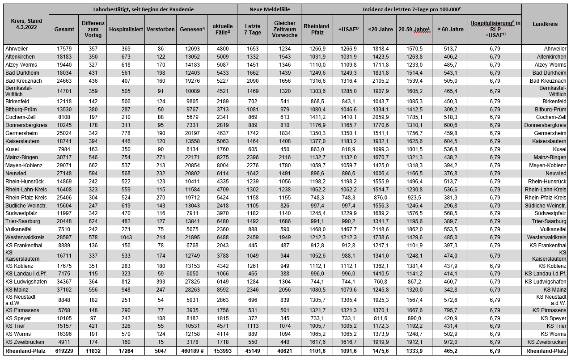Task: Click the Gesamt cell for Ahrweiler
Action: click(x=64, y=49)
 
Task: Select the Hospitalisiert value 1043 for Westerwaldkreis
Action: click(x=126, y=237)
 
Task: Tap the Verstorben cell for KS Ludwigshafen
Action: click(x=161, y=282)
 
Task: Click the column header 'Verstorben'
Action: click(x=161, y=29)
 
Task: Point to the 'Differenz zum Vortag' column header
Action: click(x=93, y=29)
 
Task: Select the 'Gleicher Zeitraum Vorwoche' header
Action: click(x=284, y=29)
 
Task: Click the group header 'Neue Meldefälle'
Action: click(x=269, y=9)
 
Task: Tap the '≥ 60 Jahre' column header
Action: click(x=450, y=29)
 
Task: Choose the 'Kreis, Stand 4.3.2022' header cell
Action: click(x=26, y=24)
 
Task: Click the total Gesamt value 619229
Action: click(x=64, y=351)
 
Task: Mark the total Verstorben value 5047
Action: click(x=161, y=351)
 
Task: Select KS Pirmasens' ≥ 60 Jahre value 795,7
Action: click(x=450, y=310)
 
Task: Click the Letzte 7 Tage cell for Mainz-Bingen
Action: click(x=253, y=157)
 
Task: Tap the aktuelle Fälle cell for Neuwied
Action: click(x=223, y=174)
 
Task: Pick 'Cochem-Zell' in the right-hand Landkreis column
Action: click(x=551, y=117)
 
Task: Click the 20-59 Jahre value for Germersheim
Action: click(x=414, y=133)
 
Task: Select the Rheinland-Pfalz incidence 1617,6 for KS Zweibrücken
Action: click(x=317, y=342)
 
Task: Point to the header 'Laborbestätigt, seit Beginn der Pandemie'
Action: click(x=143, y=9)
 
